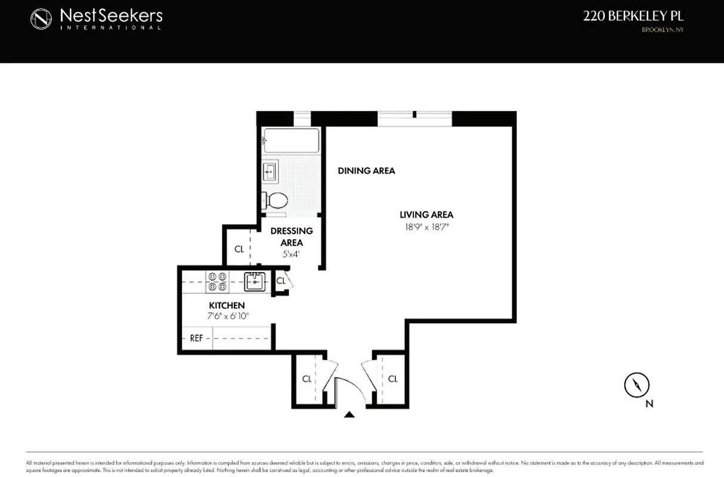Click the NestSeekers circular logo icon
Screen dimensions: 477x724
(x=42, y=18)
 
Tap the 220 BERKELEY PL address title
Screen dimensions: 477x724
(x=633, y=17)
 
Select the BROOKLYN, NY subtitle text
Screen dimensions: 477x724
(x=662, y=30)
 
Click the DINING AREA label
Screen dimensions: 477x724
(x=366, y=171)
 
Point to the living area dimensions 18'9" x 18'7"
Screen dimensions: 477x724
(x=426, y=227)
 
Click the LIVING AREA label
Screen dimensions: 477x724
(x=426, y=215)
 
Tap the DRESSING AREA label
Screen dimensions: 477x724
(x=292, y=237)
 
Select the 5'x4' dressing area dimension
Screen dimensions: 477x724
(x=292, y=254)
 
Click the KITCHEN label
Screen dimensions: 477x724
(x=226, y=305)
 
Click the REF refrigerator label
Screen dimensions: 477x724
(x=196, y=338)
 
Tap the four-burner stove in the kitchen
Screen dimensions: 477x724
(x=217, y=281)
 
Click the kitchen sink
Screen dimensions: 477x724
(x=255, y=281)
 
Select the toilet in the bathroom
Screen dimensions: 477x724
(x=274, y=199)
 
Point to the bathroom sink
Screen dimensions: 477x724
(x=270, y=172)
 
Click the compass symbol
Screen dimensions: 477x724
(x=636, y=385)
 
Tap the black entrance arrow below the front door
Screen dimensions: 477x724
(x=349, y=414)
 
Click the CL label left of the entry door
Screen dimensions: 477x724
(x=307, y=379)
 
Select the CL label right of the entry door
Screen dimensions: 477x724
(x=392, y=379)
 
